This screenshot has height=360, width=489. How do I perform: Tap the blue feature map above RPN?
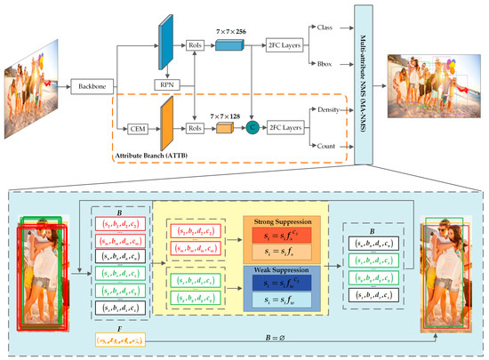pyautogui.click(x=164, y=44)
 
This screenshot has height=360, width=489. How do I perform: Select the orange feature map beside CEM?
pyautogui.click(x=164, y=128)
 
